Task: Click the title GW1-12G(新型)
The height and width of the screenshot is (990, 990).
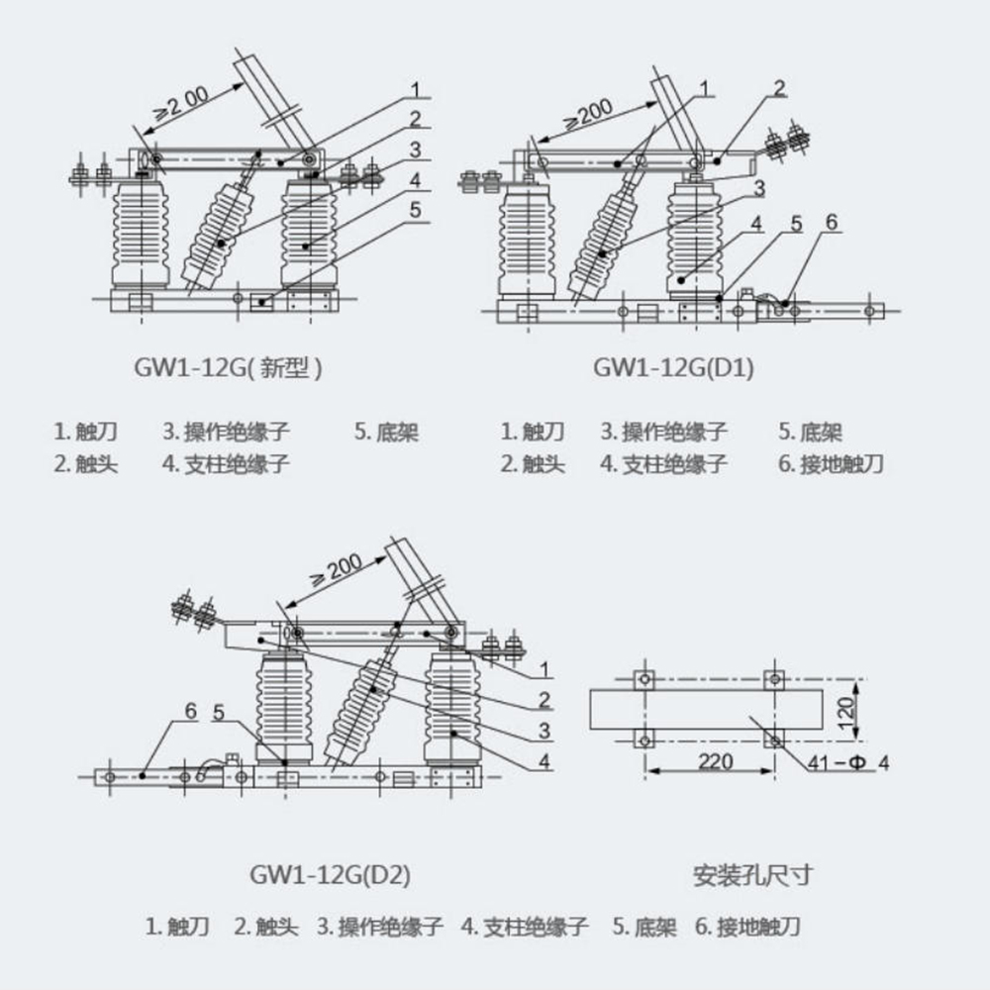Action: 229,368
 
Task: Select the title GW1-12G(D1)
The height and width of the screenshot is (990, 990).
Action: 673,368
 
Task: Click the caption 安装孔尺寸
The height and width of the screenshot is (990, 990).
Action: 752,874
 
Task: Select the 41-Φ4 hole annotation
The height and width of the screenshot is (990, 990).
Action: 848,762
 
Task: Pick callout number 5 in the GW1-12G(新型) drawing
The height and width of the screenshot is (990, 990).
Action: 416,209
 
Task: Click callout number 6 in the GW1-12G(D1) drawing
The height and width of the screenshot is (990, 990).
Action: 832,222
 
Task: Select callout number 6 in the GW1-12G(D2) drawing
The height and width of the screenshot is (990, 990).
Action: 190,711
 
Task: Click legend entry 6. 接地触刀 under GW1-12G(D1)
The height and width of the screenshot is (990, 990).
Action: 830,463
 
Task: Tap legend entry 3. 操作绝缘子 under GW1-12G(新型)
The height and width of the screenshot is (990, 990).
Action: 227,432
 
